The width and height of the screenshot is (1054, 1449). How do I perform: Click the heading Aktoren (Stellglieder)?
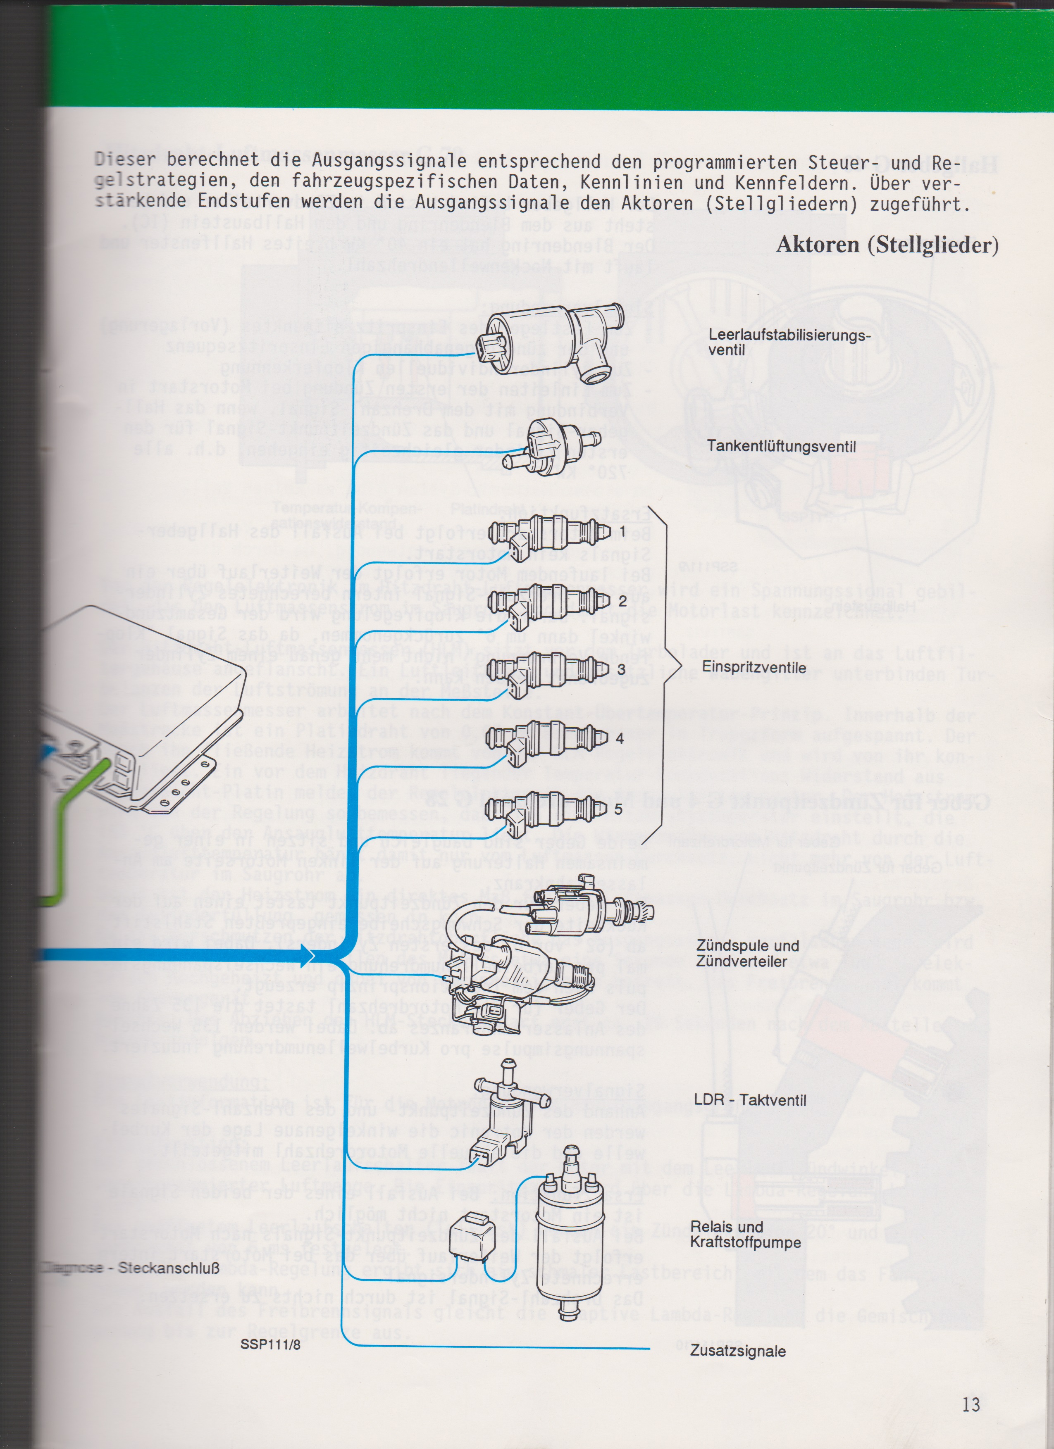(887, 245)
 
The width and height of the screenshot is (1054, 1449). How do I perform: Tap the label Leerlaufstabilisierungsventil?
(789, 343)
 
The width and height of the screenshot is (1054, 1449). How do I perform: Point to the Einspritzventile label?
(754, 668)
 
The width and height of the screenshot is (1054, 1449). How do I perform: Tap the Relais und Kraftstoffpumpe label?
(745, 1235)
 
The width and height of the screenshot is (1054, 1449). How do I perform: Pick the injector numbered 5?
(546, 808)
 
